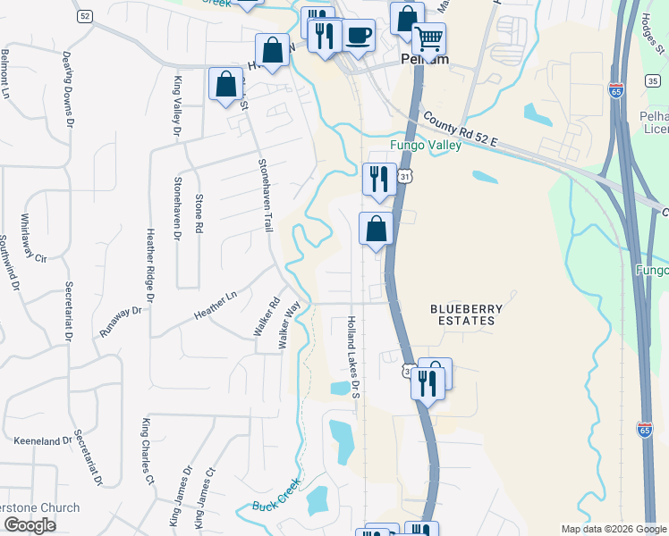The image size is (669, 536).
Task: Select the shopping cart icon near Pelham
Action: [x=429, y=39]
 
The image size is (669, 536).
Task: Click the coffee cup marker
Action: [x=359, y=35]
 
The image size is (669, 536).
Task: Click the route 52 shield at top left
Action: [x=85, y=16]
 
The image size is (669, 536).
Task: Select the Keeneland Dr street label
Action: [x=42, y=441]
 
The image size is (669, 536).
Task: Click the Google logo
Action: [x=29, y=525]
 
